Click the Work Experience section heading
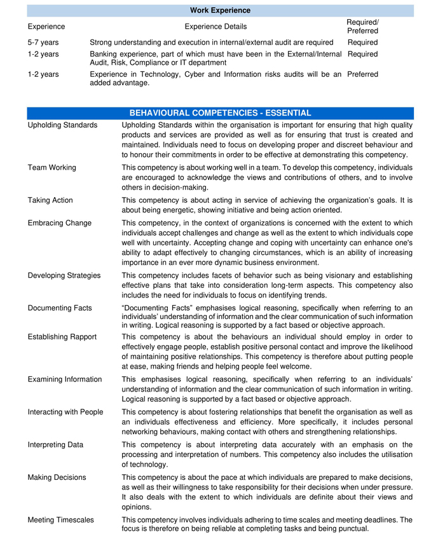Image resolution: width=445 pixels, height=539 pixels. coord(220,10)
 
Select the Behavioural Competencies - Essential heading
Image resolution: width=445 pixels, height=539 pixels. coord(220,113)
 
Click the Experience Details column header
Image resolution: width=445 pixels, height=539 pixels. coord(216,27)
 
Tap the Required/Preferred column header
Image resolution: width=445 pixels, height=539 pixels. coord(362,27)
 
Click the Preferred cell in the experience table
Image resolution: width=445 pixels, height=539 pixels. coord(363,74)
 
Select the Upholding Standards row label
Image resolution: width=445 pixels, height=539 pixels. coord(63,125)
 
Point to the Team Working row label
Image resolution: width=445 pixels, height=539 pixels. coord(52,168)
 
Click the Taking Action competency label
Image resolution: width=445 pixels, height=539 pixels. coord(50,200)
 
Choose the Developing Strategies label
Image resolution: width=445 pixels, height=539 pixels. coord(64,276)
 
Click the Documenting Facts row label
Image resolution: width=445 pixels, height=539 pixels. coord(60,308)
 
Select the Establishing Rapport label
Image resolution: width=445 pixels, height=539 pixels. coord(62,337)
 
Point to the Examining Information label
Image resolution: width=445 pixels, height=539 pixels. coord(65,379)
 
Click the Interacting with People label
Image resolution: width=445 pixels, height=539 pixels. coord(65,413)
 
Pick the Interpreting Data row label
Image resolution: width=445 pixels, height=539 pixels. coord(55,445)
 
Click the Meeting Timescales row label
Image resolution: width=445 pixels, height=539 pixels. coord(61,520)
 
